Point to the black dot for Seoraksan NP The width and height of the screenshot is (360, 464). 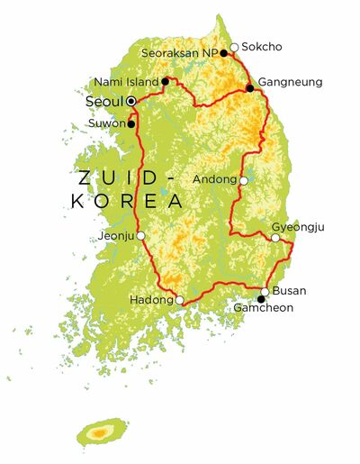(x=223, y=53)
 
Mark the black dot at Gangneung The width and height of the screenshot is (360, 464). (x=250, y=88)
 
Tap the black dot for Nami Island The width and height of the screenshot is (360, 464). (x=166, y=82)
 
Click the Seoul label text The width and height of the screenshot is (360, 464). (x=103, y=102)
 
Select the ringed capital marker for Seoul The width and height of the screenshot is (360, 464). (x=131, y=102)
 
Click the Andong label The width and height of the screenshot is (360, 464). (x=215, y=178)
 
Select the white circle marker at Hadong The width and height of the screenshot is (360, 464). (x=180, y=300)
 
